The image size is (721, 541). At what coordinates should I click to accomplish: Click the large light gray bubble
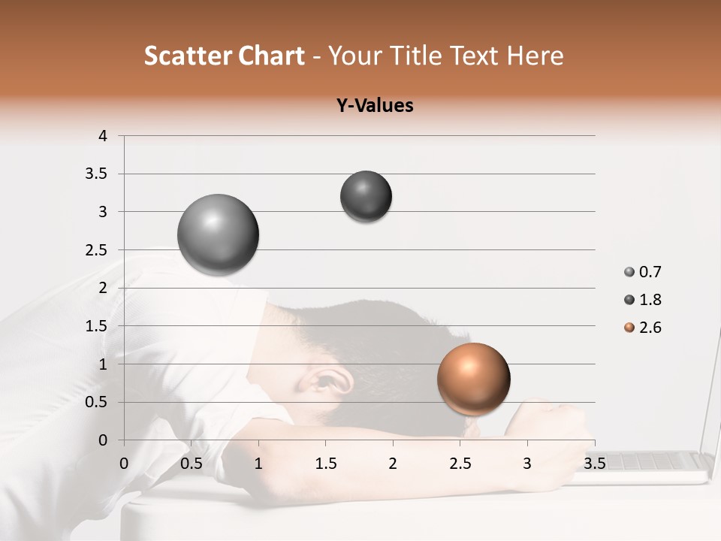point(219,234)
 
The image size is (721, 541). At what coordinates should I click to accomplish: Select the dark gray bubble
point(366,196)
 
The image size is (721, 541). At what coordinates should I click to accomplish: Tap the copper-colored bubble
point(473,379)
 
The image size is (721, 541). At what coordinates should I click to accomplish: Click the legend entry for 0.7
point(642,272)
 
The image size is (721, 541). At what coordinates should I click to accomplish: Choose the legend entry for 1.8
point(642,300)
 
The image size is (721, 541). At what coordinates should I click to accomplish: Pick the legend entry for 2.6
point(642,328)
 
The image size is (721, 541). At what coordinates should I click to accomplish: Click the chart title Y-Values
point(375,105)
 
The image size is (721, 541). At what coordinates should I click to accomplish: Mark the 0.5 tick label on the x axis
point(192,463)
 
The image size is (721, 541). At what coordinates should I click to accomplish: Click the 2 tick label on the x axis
point(393,463)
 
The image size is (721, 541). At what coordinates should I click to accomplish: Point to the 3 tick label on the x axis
point(527,463)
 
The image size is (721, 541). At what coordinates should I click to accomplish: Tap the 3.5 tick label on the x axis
point(594,463)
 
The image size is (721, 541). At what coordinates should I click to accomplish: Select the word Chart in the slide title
point(271,56)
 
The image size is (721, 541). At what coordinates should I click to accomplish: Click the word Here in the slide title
point(535,56)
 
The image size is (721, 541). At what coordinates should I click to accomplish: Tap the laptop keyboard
point(653,461)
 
